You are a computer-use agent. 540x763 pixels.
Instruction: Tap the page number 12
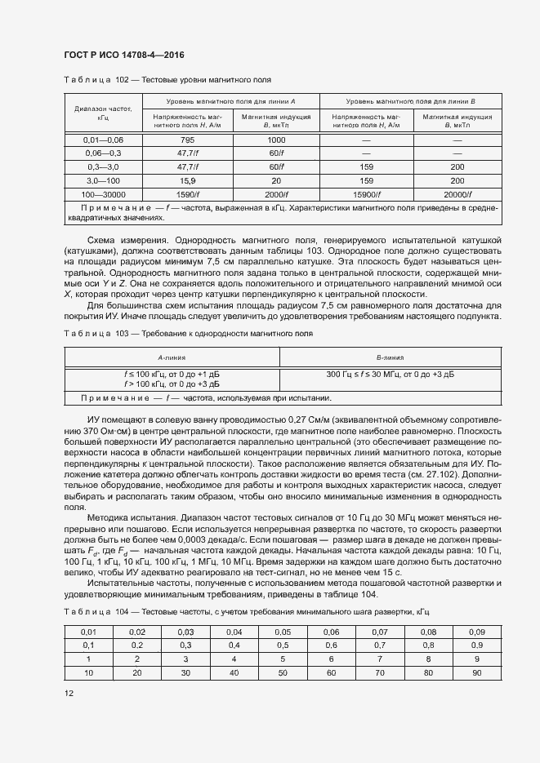pos(69,693)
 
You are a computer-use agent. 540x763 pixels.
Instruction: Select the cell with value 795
pos(187,140)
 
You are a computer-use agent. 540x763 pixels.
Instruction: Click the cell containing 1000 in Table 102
pos(276,140)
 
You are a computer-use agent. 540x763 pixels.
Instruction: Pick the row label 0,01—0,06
pos(103,140)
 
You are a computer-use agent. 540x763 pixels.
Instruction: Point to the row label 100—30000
pos(103,194)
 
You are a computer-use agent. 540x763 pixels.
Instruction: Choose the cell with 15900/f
pos(366,194)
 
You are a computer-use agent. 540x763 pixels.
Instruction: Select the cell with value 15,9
pos(187,180)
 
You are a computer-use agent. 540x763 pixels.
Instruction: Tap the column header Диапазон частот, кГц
pos(103,113)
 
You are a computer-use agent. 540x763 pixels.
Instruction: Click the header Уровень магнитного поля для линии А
pos(231,100)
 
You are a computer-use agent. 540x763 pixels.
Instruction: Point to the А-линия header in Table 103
pos(172,357)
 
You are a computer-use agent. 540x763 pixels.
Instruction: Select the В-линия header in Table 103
pos(390,357)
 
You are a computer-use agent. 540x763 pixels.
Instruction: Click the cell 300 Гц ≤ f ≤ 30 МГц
pos(390,374)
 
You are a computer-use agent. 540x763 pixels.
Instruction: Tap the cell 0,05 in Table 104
pos(283,632)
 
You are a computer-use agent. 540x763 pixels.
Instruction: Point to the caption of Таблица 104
pos(245,611)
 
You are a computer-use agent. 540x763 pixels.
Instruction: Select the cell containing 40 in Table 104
pos(234,672)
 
